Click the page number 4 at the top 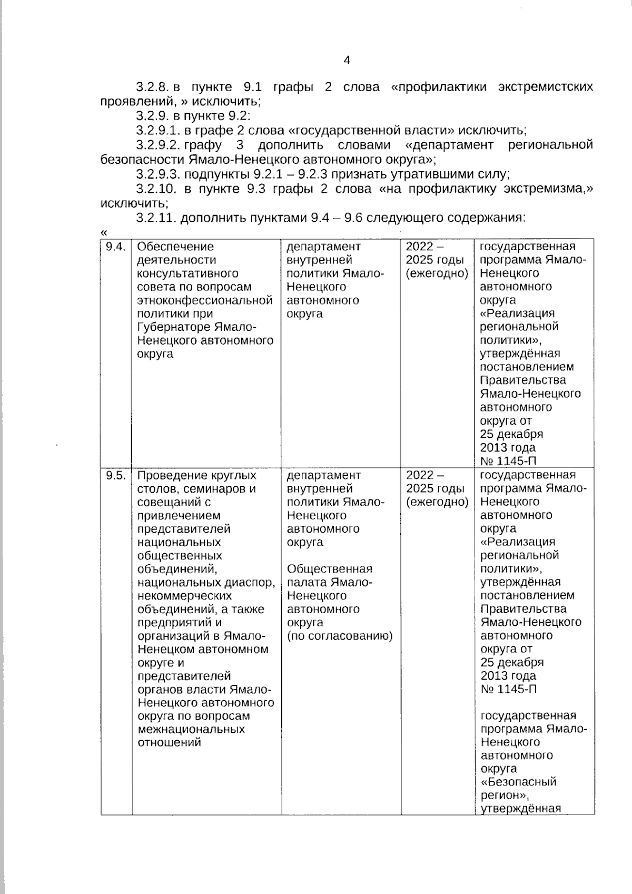tap(347, 61)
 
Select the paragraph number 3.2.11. tap(155, 218)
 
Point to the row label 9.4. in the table tap(115, 247)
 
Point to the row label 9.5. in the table tap(115, 475)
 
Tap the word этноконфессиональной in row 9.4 tap(204, 300)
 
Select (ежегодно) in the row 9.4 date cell tap(437, 273)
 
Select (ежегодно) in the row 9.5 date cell tap(437, 502)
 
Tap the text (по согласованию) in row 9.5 tap(340, 636)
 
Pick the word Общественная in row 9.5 tap(330, 569)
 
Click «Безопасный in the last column tap(518, 782)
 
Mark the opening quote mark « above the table tap(103, 232)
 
